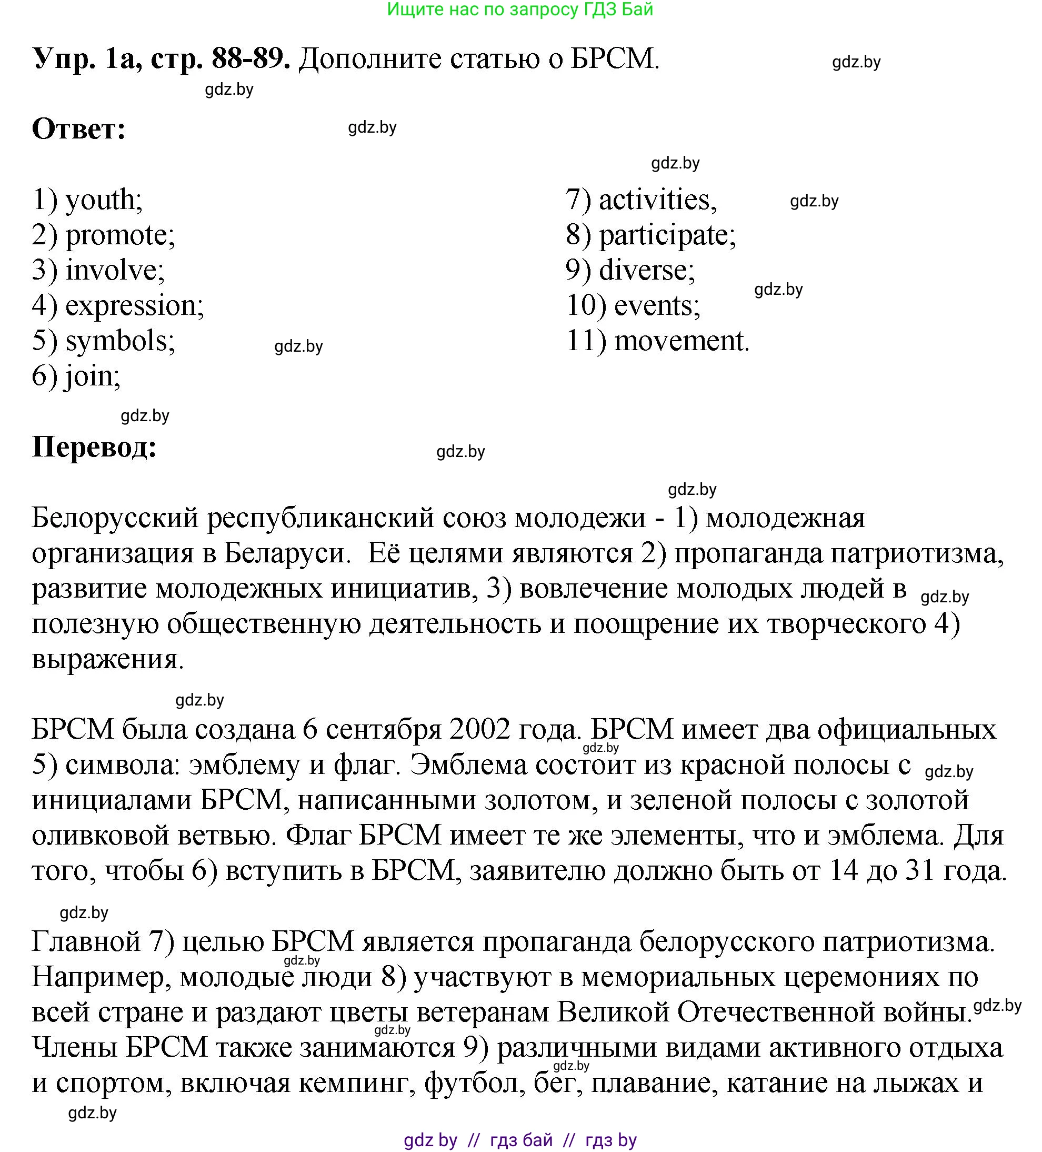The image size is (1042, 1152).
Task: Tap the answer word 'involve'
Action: [x=114, y=271]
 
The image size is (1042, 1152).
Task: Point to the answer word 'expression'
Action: [x=134, y=306]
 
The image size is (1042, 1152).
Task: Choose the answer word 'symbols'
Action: [x=119, y=341]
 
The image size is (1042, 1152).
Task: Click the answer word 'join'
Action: [x=92, y=376]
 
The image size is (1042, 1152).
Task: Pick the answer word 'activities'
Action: [x=657, y=201]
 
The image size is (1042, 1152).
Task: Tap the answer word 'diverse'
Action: [x=646, y=271]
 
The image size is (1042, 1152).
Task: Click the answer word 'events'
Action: [x=656, y=306]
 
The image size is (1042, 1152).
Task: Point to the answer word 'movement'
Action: [x=681, y=341]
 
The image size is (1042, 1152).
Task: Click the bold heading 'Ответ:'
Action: [x=79, y=130]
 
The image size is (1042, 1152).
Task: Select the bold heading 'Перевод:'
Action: [x=94, y=447]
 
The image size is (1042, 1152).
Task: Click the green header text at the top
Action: [x=520, y=9]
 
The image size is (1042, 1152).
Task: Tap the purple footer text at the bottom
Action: [x=520, y=1140]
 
